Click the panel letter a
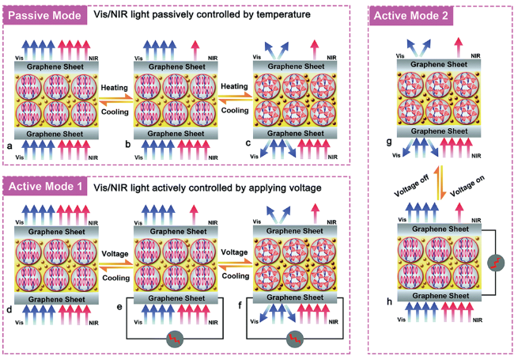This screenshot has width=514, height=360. [x=9, y=147]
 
